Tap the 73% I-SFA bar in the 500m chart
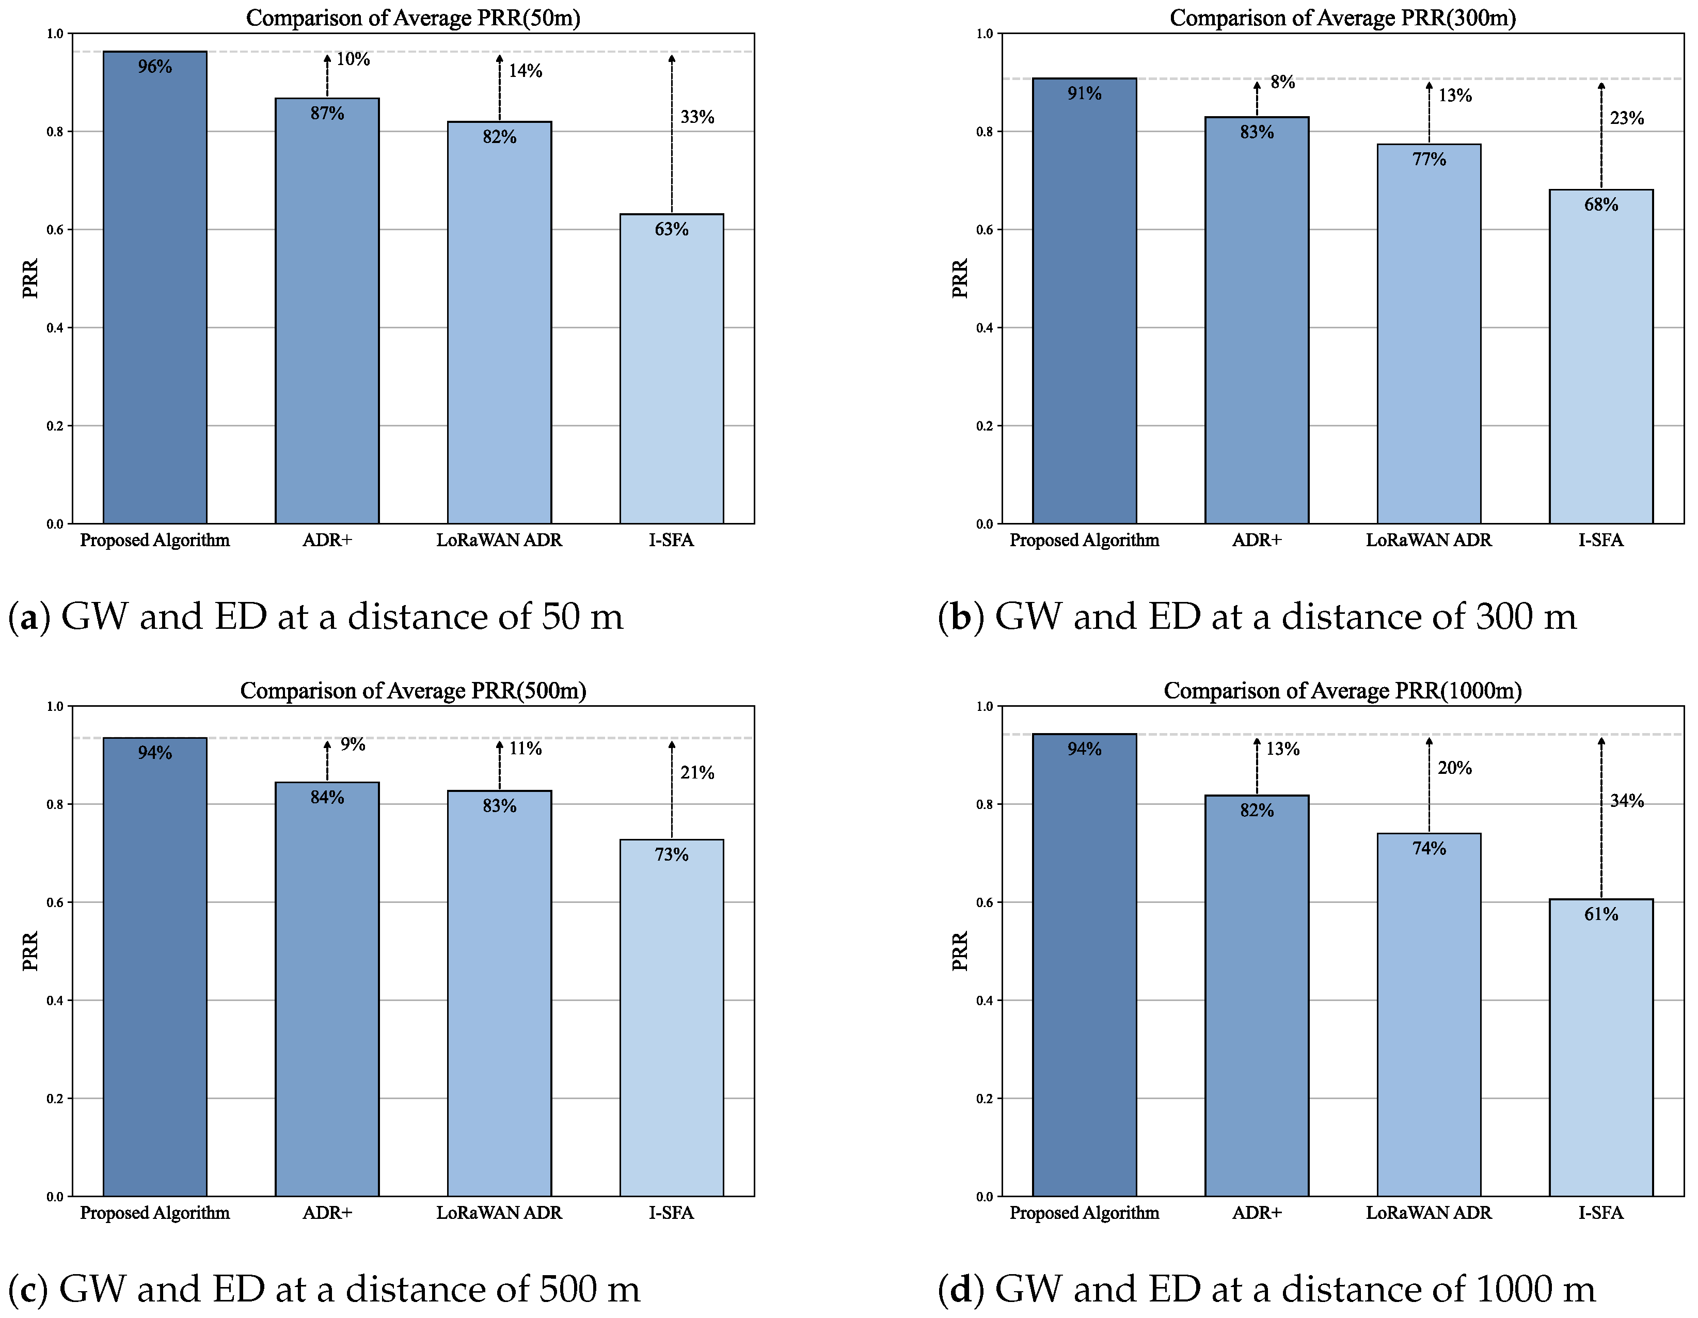671,1026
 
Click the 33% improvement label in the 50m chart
696,117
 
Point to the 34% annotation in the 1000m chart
1626,801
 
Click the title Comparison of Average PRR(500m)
413,691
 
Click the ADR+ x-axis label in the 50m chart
327,539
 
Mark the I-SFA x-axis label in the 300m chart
1601,539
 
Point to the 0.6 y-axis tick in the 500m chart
54,902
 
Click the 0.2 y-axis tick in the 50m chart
54,426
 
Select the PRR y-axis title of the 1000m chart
960,950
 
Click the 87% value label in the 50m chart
327,114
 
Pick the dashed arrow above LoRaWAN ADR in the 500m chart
499,766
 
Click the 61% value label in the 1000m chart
1601,914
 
